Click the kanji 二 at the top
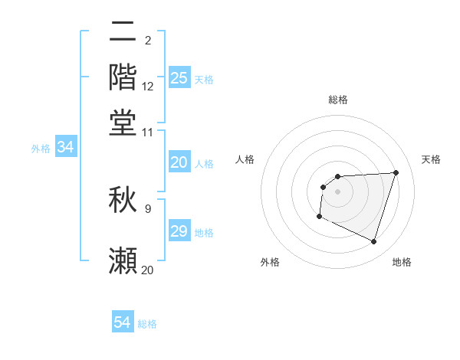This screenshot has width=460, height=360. tap(123, 32)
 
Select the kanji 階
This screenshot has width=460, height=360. tap(123, 77)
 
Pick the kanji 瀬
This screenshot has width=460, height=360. tap(123, 260)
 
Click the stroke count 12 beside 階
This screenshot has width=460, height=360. tap(148, 87)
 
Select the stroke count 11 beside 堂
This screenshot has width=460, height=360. tap(148, 132)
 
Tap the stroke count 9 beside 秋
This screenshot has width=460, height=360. tap(148, 208)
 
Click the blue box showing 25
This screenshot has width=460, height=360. tap(179, 78)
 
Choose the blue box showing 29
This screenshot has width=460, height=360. tap(179, 231)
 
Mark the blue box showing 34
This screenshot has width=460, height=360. tap(65, 148)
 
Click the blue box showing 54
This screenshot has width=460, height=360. tap(123, 323)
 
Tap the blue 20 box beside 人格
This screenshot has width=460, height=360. tap(179, 162)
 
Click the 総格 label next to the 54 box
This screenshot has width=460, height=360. tap(147, 324)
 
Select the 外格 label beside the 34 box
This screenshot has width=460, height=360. tap(41, 149)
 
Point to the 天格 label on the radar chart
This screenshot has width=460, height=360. tap(431, 159)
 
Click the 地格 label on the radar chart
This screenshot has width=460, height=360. tap(402, 262)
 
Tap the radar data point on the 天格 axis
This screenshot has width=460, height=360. tap(396, 172)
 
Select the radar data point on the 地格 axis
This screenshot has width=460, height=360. tap(373, 242)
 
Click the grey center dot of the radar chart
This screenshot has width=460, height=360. tap(337, 191)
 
